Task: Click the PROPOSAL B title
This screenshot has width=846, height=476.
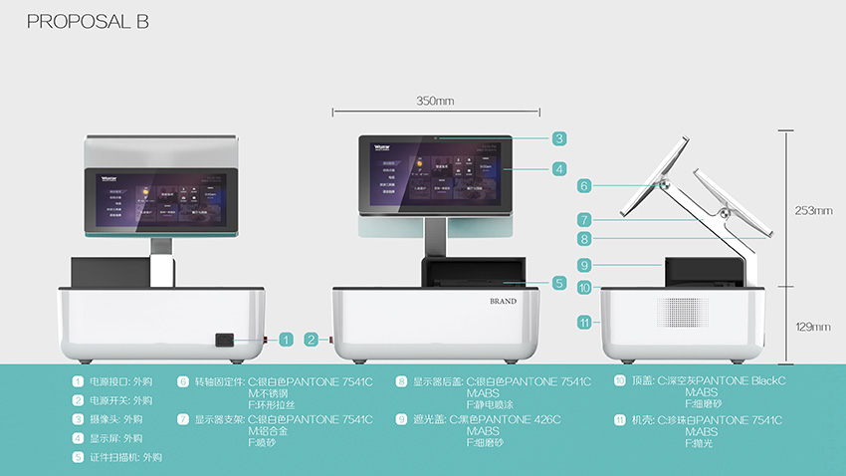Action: [88, 22]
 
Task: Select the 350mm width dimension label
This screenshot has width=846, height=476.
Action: [435, 101]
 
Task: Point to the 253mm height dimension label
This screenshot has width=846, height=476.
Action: [811, 211]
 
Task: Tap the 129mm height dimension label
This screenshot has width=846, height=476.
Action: [811, 326]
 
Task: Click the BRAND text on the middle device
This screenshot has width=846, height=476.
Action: [503, 300]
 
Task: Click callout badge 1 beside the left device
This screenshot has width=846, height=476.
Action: [286, 340]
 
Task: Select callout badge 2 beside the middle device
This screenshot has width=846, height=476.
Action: [312, 340]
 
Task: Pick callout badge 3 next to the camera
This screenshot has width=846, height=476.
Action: [559, 138]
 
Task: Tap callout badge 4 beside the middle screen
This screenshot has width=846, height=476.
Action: [559, 169]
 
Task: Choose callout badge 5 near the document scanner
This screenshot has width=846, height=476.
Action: [559, 283]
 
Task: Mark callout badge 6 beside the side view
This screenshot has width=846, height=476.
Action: [584, 185]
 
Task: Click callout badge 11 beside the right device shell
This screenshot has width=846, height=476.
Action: [584, 322]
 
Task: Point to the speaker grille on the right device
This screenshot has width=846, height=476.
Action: [678, 311]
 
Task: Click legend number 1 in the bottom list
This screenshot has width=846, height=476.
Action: [78, 381]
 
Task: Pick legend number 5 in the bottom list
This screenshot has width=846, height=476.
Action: [78, 457]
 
